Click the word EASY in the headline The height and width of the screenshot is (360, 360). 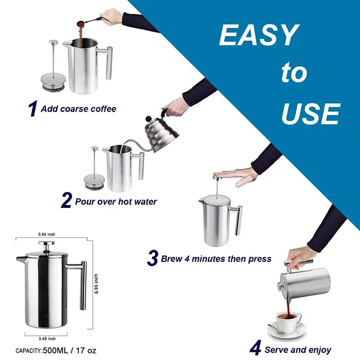[259, 36]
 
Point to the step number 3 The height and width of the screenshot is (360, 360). [153, 259]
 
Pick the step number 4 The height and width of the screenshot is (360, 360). [255, 349]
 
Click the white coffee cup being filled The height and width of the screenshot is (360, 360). [288, 321]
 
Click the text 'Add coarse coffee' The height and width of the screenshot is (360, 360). [78, 109]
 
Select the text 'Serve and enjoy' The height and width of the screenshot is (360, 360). [297, 350]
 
